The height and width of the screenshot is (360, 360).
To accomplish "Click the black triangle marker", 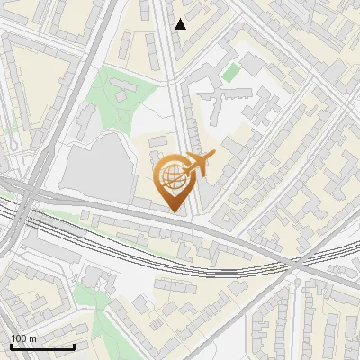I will point(181,24).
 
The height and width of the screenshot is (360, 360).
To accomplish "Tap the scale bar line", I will point(42,346).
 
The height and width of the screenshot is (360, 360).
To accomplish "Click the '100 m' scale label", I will point(24,338).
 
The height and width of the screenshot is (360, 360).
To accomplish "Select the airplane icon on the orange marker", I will point(199,163).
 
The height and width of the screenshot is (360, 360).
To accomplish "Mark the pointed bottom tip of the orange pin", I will point(175,212).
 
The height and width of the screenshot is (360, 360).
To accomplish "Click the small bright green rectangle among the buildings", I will point(231,73).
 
